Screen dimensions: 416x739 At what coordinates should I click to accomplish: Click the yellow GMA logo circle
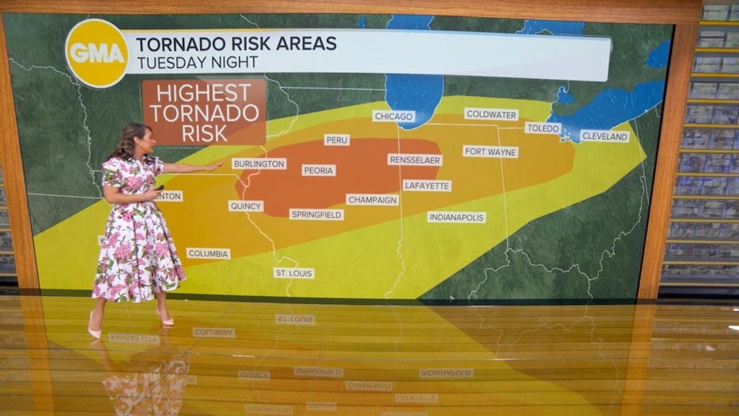point(97,53)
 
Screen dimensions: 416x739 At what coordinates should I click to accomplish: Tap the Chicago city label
point(393,116)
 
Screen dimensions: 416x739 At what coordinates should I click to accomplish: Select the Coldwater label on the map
point(491,114)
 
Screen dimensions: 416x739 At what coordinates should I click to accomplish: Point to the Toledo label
point(542,128)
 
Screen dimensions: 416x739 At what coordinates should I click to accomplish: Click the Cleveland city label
point(604,136)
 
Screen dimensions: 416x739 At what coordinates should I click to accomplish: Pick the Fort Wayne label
point(490,151)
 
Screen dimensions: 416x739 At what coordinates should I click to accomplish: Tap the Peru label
point(337,139)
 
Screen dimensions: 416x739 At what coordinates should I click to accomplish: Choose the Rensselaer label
point(415,160)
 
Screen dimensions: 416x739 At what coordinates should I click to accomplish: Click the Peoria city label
point(318,170)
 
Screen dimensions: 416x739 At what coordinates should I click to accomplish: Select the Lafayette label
point(427,186)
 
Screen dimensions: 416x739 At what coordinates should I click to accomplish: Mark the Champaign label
point(372,200)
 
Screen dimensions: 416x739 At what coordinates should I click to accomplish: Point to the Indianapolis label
point(457,217)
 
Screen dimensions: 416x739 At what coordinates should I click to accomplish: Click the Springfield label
point(317,215)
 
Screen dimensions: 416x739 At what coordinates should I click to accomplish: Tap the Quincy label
point(246,206)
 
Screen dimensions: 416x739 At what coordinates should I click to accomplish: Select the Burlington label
point(259,163)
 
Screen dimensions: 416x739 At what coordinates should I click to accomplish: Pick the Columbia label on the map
point(208,253)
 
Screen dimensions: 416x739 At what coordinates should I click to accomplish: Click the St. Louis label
point(294,273)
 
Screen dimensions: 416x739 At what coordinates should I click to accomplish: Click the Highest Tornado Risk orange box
point(203,112)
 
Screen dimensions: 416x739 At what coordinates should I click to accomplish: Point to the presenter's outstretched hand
point(214,167)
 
